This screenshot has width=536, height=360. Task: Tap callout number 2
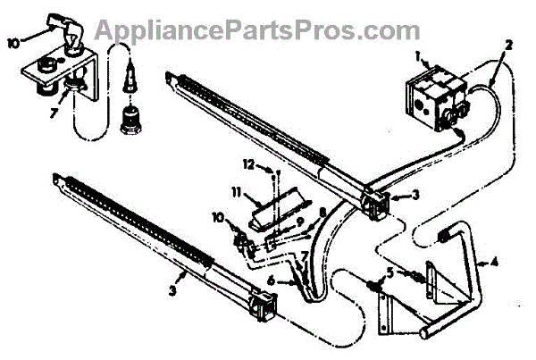click(508, 44)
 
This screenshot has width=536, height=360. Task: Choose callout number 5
click(389, 271)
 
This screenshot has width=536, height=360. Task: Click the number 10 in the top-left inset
click(13, 39)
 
